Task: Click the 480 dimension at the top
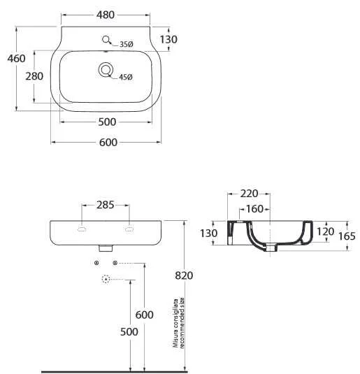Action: (106, 15)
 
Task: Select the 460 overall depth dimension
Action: (16, 59)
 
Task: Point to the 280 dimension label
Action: (34, 76)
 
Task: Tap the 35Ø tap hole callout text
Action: (127, 44)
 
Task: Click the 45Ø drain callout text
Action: (126, 77)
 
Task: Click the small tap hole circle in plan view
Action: (106, 39)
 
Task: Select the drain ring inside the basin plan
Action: (106, 70)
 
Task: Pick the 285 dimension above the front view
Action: (106, 205)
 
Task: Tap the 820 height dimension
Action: (184, 275)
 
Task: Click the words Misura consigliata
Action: (176, 323)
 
